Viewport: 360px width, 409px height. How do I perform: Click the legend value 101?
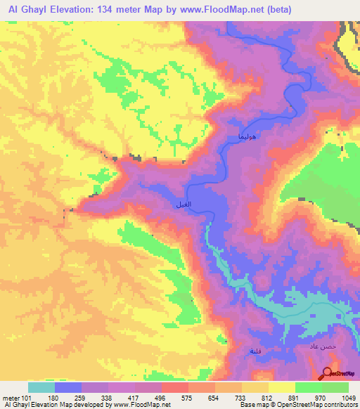pos(27,398)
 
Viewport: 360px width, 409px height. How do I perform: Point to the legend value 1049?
pos(347,398)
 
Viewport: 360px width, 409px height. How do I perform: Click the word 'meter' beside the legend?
pos(11,398)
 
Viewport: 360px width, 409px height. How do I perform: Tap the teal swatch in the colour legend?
pos(41,387)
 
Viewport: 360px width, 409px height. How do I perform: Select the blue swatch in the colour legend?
pos(67,387)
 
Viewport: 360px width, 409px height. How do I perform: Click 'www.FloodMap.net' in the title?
pos(220,9)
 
